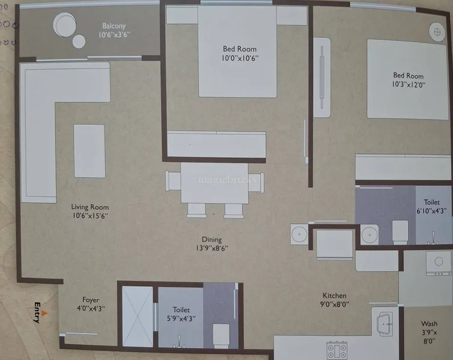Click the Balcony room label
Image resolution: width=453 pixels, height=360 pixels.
[x=114, y=26]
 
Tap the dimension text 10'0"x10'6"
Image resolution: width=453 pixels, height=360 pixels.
[x=240, y=58]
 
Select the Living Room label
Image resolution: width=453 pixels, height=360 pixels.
[x=90, y=207]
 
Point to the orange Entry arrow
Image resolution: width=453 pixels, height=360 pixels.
[x=44, y=313]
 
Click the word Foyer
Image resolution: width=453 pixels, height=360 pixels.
[x=91, y=300]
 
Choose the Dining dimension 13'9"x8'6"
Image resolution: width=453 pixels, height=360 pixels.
[x=212, y=248]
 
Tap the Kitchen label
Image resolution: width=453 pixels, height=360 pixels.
[x=334, y=296]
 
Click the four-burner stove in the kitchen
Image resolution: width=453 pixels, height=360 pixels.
[x=337, y=350]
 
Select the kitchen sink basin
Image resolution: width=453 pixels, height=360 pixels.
[x=385, y=324]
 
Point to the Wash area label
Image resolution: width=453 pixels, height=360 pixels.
[x=429, y=323]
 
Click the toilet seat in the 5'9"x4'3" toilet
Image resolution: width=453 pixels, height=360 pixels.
[x=221, y=336]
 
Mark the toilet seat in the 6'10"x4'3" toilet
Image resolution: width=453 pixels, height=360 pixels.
[x=400, y=232]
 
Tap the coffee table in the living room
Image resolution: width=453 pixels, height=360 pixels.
[x=89, y=151]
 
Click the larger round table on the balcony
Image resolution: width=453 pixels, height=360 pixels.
[x=65, y=25]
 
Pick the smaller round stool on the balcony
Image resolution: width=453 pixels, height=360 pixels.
[x=79, y=41]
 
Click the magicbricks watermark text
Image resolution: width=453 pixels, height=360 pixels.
[x=227, y=180]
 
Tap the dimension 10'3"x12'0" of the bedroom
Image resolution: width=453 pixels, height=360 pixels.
[x=409, y=85]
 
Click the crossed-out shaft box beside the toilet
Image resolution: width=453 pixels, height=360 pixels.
[x=137, y=316]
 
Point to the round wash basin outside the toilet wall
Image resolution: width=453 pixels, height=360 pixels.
[x=299, y=234]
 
